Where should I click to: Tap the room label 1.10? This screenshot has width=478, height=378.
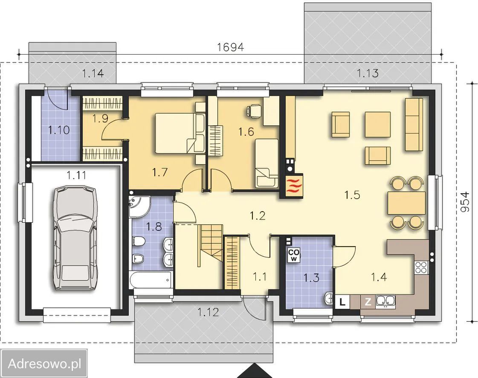(x=59, y=130)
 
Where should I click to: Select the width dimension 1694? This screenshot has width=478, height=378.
(x=230, y=47)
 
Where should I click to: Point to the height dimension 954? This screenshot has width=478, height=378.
(x=465, y=201)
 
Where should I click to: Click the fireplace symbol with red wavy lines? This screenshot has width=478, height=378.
(x=294, y=186)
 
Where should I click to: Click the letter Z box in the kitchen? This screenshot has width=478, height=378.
(x=368, y=302)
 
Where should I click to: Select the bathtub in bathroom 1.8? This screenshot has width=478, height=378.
(x=151, y=279)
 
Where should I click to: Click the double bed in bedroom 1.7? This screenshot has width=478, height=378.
(x=180, y=133)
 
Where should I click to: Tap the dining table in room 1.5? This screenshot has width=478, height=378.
(x=406, y=203)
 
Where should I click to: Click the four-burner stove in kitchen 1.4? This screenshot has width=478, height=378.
(x=421, y=267)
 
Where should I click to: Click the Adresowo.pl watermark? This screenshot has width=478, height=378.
(x=44, y=363)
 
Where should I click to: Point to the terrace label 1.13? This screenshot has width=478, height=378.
(x=368, y=73)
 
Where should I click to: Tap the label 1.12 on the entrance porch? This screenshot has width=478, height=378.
(x=208, y=312)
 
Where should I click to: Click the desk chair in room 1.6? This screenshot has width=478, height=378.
(x=254, y=111)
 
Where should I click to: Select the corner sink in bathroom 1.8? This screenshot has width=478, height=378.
(x=139, y=206)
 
